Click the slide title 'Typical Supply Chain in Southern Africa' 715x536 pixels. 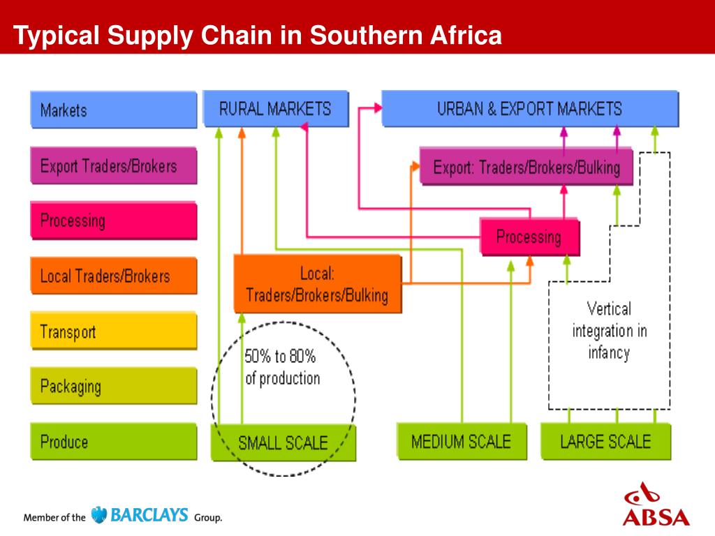[x=258, y=35]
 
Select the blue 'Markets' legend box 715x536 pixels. [x=114, y=110]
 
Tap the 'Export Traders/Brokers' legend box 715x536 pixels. [x=114, y=166]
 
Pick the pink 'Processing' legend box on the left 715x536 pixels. [x=114, y=221]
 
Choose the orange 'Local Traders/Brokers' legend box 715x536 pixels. [x=114, y=276]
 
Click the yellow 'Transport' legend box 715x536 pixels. [x=114, y=331]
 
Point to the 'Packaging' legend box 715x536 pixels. [x=114, y=386]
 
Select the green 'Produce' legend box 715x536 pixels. [x=114, y=441]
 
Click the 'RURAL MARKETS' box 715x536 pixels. [x=275, y=108]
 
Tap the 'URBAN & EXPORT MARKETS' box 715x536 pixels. [x=529, y=108]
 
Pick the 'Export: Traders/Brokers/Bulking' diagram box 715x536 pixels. [x=526, y=167]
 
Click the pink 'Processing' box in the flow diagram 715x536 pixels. [x=529, y=237]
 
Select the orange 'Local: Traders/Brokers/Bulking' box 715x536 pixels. [x=317, y=283]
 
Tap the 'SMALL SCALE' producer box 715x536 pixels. [x=283, y=442]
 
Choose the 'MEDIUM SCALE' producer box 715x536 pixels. [x=461, y=441]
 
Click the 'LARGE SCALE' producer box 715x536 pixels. [x=605, y=441]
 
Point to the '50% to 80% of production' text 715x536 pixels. [x=282, y=368]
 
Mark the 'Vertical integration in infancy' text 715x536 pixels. [x=609, y=330]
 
